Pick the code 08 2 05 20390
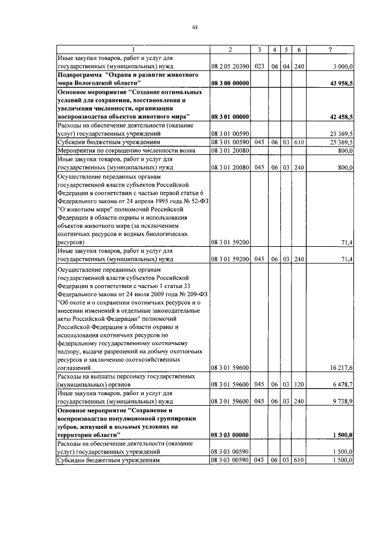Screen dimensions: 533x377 point(230,67)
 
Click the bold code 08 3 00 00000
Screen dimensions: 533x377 point(230,84)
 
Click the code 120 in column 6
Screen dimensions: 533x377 point(299,385)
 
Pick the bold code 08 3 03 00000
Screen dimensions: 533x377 point(230,435)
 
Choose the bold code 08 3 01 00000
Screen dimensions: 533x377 point(230,117)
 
